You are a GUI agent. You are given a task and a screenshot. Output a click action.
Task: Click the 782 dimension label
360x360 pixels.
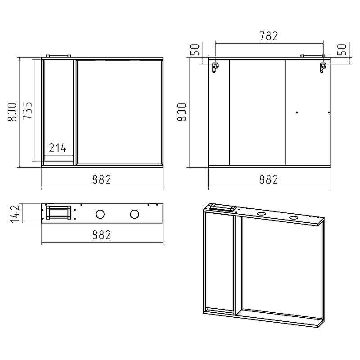point(268,36)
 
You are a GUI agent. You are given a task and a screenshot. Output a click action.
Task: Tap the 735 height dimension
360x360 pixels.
point(27,111)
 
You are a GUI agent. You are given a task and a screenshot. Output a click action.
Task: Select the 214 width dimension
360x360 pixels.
point(58,148)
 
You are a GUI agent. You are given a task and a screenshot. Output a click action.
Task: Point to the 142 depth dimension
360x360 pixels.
point(15,213)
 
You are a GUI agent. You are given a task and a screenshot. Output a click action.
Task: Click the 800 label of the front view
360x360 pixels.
point(12,112)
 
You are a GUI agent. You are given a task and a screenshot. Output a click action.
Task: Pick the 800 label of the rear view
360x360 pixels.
point(182,112)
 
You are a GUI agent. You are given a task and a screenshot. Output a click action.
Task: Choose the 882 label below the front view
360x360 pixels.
point(102,179)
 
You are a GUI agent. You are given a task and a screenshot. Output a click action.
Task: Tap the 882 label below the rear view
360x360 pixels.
point(268,179)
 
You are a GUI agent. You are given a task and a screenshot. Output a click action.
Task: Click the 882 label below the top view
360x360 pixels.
point(102,234)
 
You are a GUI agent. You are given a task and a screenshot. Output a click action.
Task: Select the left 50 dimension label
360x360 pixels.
point(195,50)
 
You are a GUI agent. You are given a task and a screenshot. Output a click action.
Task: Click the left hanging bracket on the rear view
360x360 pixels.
point(215,67)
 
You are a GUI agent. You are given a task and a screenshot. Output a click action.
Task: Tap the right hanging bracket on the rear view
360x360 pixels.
point(323,67)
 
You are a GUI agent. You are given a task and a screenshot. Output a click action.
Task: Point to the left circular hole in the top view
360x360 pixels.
point(100,214)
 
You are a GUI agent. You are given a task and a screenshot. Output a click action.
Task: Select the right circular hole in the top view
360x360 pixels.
point(134,214)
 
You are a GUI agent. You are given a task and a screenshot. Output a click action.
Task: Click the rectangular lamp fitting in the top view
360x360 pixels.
point(58,212)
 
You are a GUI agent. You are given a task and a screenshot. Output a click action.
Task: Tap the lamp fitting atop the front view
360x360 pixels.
point(58,56)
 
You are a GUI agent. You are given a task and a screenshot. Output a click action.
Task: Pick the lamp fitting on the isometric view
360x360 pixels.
point(223,207)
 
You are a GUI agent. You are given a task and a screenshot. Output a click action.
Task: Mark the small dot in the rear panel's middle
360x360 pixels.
point(297,112)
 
